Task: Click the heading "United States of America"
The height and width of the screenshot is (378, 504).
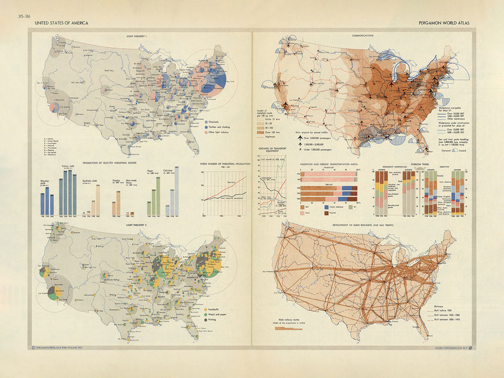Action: (x=60, y=24)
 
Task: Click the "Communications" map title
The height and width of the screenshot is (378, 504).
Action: (x=363, y=35)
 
